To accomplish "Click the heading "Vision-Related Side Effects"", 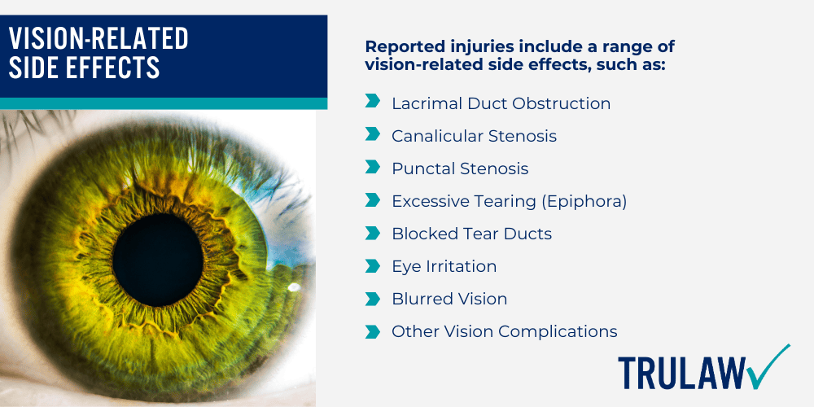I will pyautogui.click(x=98, y=52).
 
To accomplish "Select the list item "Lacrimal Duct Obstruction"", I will pyautogui.click(x=501, y=103).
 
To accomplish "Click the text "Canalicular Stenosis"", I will pyautogui.click(x=474, y=136).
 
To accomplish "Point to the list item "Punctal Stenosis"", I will pyautogui.click(x=460, y=168).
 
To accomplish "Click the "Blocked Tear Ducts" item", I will pyautogui.click(x=471, y=234).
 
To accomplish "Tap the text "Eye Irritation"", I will pyautogui.click(x=444, y=266).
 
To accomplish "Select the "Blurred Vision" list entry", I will pyautogui.click(x=449, y=299).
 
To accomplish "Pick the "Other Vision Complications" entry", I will pyautogui.click(x=504, y=331).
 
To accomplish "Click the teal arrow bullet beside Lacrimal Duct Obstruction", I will pyautogui.click(x=373, y=102).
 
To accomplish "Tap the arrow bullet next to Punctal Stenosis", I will pyautogui.click(x=373, y=167).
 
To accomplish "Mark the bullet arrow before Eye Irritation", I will pyautogui.click(x=373, y=265).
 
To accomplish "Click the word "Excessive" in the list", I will pyautogui.click(x=431, y=201).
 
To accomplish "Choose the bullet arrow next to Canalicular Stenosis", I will pyautogui.click(x=373, y=134).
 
